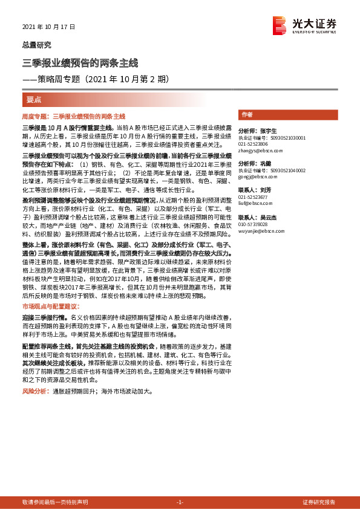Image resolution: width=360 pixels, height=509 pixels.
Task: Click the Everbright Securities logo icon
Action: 280,24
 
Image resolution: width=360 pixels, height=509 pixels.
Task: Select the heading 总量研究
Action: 37,45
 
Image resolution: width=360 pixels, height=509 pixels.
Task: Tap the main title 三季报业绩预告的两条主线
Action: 80,63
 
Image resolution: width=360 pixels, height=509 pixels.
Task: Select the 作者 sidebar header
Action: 247,114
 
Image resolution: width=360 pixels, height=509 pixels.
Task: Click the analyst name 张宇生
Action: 268,131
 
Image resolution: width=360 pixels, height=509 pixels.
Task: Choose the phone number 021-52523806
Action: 254,144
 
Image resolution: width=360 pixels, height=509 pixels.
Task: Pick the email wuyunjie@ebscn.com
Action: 258,230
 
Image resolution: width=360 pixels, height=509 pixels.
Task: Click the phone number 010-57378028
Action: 254,224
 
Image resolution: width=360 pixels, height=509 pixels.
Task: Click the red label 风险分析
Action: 35,392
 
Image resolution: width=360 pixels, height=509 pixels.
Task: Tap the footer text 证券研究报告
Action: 318,502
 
